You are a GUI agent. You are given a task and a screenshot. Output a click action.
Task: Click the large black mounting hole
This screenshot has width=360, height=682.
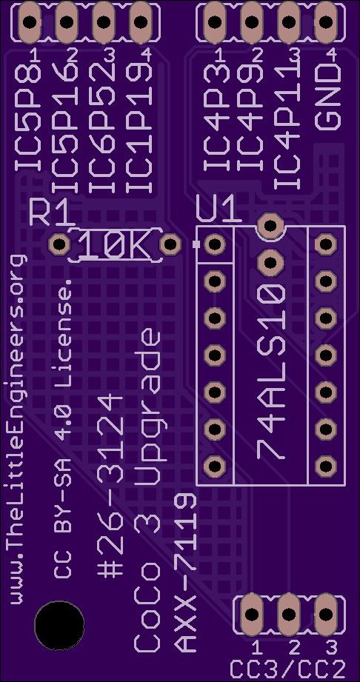click(59, 626)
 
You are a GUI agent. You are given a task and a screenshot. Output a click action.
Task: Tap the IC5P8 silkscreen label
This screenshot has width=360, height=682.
click(28, 118)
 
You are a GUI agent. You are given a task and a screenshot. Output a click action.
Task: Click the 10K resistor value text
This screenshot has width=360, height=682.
click(116, 244)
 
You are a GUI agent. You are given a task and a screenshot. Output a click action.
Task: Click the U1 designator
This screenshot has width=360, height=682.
click(219, 210)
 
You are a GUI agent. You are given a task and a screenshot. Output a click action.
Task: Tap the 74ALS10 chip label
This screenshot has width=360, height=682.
click(271, 371)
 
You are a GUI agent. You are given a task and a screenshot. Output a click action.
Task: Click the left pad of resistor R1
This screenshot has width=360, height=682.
click(59, 244)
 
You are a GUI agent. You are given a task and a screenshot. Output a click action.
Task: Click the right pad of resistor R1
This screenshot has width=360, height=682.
click(170, 244)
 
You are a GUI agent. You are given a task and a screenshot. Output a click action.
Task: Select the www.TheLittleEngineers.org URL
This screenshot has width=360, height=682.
click(18, 429)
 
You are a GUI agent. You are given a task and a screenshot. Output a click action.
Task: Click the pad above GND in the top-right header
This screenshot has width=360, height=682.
click(326, 21)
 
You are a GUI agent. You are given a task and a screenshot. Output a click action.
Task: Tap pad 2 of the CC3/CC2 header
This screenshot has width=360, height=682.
click(289, 614)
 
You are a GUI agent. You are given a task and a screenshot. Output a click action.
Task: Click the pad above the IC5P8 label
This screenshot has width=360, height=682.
click(29, 21)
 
